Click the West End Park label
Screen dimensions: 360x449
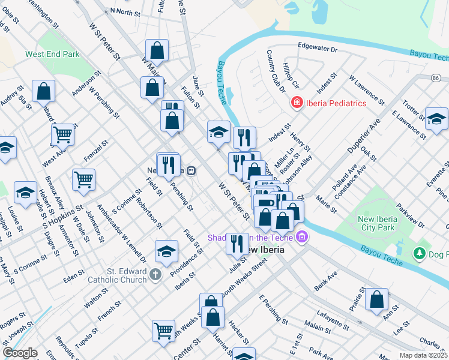[52, 54]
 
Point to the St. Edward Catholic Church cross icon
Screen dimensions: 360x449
[155, 275]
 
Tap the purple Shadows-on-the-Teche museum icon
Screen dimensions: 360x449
[301, 238]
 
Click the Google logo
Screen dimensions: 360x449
[20, 352]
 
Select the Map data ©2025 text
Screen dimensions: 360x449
[423, 355]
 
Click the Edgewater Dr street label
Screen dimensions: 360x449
[318, 46]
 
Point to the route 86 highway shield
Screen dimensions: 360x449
[435, 78]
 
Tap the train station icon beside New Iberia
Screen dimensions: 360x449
[191, 170]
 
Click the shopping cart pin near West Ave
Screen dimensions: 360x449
[62, 135]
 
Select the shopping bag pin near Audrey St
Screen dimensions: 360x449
[44, 91]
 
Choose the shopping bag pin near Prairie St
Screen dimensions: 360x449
[376, 299]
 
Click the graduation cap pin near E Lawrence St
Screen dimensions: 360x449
[436, 118]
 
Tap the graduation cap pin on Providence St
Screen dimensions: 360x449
[166, 251]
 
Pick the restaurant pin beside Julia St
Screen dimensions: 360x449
[237, 243]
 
